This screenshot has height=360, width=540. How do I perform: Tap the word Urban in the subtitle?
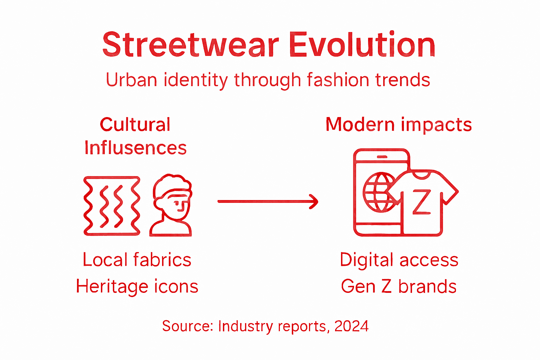point(131,80)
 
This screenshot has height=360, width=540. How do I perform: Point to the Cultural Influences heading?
point(135,136)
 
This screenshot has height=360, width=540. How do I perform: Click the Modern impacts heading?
point(399,125)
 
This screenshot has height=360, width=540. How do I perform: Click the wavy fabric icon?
point(112,206)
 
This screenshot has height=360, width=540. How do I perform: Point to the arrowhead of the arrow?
point(314,201)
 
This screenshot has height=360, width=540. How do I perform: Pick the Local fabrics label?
point(137,260)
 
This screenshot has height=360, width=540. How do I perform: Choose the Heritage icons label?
point(137,286)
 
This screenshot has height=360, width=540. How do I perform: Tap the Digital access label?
point(399,260)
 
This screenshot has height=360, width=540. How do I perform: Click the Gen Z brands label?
point(399,286)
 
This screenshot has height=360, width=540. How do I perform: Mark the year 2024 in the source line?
point(351,326)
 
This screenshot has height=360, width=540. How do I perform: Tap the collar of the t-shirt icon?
point(421,174)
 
